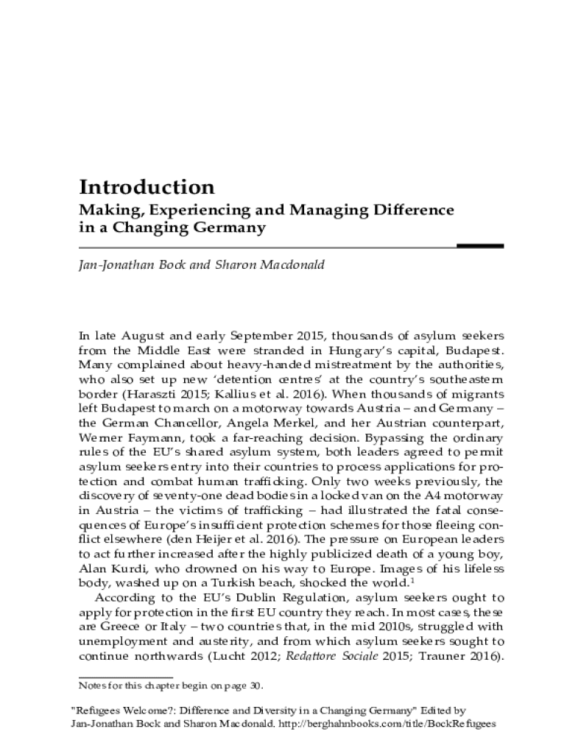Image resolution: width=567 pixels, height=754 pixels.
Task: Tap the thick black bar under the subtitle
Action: pyautogui.click(x=480, y=246)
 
